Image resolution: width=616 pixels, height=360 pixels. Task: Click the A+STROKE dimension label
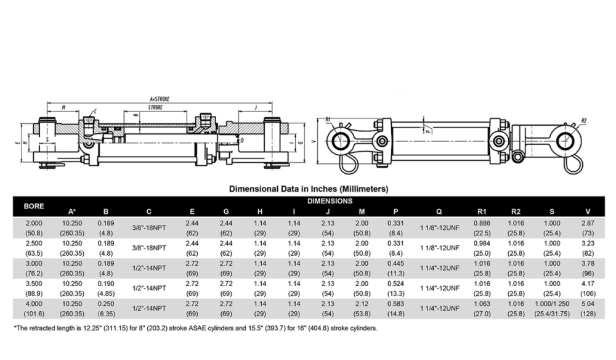159,99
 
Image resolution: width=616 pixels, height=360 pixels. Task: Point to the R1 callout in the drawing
328,119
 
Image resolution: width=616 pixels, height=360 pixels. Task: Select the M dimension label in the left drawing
63,107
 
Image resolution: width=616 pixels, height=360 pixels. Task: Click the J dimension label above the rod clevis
256,107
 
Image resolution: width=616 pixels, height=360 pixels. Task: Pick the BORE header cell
33,206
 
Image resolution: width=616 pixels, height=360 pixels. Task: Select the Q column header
439,211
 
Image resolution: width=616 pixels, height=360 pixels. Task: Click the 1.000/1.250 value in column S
552,303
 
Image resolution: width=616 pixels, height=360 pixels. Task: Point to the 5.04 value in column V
588,303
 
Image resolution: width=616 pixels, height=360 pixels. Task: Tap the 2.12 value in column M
362,303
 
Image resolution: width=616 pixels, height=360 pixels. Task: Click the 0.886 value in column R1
482,222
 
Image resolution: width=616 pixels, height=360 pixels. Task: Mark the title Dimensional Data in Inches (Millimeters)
309,189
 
